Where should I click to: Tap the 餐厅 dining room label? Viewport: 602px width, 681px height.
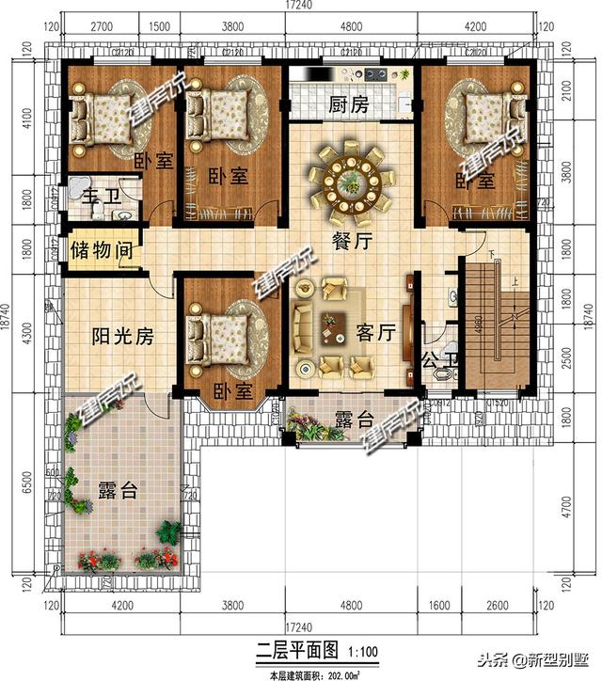pos(352,241)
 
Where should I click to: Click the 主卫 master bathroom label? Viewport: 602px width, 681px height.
pos(95,198)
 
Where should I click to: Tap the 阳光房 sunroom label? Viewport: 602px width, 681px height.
pos(122,336)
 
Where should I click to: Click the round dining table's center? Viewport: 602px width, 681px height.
pos(351,179)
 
